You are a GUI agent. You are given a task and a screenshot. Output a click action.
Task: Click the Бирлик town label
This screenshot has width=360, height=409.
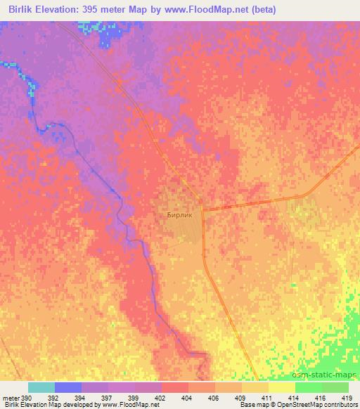click(179, 216)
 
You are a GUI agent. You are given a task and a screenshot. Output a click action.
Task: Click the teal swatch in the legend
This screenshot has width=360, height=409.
click(41, 387)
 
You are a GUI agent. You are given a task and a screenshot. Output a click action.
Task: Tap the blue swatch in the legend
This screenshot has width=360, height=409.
click(68, 387)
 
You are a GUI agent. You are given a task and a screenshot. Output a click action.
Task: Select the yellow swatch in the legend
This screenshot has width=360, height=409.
click(282, 387)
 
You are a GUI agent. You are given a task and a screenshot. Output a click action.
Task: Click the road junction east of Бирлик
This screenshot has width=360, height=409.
click(202, 208)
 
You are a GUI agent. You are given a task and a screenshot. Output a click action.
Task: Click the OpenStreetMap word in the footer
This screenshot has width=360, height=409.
click(289, 405)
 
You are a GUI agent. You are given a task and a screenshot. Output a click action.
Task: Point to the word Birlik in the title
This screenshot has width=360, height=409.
click(22, 10)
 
